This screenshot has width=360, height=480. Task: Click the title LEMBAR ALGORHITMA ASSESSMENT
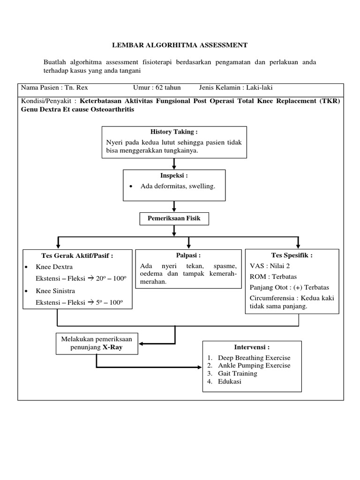(180, 45)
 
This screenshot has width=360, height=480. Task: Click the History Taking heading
(174, 132)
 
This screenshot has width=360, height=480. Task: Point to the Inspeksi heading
(174, 175)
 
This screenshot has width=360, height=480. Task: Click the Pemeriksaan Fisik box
(174, 218)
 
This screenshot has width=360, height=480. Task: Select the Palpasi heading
(188, 255)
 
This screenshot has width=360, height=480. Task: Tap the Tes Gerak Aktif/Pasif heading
(78, 255)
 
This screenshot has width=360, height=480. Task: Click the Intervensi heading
(252, 347)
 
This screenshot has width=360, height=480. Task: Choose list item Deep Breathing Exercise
(254, 358)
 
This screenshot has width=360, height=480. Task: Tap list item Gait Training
(237, 374)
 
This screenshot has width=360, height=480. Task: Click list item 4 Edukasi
(229, 382)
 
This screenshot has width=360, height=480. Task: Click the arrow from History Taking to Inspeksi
(174, 163)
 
